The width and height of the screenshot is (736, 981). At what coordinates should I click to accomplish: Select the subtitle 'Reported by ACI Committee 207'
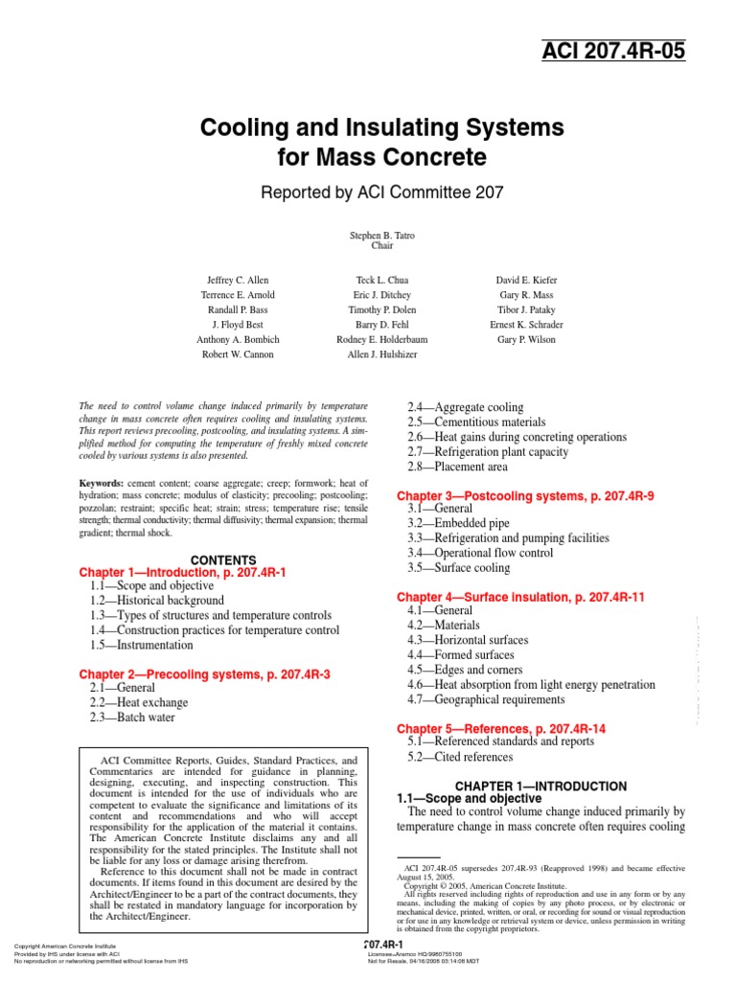[x=381, y=194]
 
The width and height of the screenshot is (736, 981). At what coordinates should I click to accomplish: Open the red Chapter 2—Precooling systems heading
[x=204, y=674]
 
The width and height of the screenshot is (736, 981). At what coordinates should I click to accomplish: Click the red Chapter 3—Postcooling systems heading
[x=525, y=496]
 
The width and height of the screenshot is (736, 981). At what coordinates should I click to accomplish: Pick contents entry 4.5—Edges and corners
[x=472, y=670]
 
